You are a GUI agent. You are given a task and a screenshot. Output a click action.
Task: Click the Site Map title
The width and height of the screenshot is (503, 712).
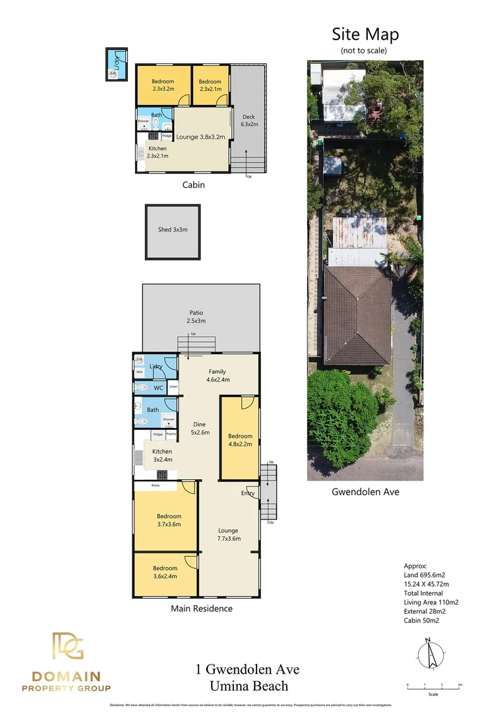click(x=365, y=34)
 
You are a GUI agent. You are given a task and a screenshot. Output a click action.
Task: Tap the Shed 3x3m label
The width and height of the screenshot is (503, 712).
click(x=173, y=230)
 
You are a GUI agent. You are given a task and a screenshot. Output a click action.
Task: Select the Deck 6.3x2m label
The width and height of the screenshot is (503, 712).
click(x=249, y=120)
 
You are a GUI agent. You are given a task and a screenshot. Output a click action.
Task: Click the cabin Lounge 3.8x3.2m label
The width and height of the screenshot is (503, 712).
click(x=201, y=137)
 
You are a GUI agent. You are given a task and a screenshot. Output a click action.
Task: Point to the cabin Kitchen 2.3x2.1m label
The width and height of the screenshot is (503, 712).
click(x=157, y=152)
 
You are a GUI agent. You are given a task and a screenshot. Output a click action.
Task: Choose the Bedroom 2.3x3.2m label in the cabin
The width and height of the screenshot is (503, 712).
click(x=163, y=85)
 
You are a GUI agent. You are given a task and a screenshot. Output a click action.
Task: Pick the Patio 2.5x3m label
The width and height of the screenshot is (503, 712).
click(x=196, y=316)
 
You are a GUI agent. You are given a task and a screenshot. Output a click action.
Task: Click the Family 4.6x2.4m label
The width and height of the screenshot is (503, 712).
click(x=218, y=375)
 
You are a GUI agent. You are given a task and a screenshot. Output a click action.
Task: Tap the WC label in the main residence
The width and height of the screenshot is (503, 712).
click(x=158, y=388)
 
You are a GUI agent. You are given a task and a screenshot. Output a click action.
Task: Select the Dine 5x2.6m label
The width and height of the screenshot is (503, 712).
click(x=200, y=428)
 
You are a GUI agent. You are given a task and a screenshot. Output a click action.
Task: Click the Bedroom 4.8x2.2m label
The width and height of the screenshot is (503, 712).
click(x=240, y=440)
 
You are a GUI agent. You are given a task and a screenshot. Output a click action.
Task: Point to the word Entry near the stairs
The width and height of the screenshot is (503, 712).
click(x=248, y=493)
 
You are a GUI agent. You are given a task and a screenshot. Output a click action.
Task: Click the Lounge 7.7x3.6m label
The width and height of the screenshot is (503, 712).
click(x=228, y=534)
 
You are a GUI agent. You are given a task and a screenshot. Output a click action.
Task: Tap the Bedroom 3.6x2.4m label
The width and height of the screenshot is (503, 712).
click(x=165, y=572)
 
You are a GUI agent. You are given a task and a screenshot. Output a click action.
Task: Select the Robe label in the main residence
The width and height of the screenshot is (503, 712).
click(x=156, y=485)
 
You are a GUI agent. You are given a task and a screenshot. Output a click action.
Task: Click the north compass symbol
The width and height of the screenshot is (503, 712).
click(x=430, y=654)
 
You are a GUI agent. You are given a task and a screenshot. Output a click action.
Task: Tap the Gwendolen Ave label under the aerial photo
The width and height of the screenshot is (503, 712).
click(x=365, y=492)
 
